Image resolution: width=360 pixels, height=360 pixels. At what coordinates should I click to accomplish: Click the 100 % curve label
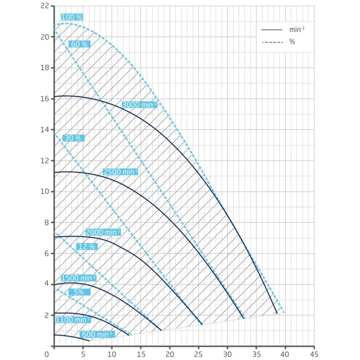coord(72,17)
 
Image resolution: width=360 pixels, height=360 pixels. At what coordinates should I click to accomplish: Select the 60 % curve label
coord(79,44)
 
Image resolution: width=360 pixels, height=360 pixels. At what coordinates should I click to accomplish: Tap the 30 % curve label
coord(72,138)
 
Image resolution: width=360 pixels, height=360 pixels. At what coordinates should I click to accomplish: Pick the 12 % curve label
coord(86,247)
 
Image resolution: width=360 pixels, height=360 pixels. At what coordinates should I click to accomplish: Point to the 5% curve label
coord(79,292)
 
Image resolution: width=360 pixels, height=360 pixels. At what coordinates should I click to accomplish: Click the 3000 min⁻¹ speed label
coord(139,105)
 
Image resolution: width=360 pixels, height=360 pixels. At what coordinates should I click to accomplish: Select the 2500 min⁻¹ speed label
coord(120,172)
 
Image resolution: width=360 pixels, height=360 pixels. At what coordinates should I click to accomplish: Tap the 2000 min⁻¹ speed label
coord(103,232)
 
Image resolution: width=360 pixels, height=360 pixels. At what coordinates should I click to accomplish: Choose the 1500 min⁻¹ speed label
coord(78,278)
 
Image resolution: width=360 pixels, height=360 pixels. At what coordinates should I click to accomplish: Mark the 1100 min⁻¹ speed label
coord(73,320)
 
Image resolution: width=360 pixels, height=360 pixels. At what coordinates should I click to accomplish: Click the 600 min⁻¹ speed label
coord(97,334)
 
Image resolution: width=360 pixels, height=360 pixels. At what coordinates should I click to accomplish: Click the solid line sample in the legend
coord(272,30)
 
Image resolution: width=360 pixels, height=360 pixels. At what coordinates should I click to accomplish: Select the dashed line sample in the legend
coord(272,41)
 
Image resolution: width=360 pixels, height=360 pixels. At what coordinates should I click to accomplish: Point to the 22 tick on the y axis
coord(44,6)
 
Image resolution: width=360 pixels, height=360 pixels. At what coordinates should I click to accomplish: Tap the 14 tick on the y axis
coord(44,130)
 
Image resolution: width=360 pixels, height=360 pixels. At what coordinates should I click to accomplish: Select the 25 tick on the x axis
coord(198,354)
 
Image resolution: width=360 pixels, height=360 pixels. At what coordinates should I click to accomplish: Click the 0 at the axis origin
coord(47,354)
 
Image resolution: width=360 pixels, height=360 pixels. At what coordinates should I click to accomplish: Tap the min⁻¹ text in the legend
coord(294,30)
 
